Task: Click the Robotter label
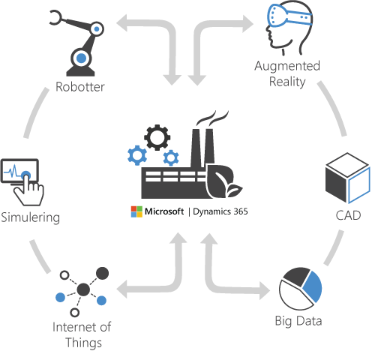coord(80,87)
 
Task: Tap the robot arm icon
coord(77,43)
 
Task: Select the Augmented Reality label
coord(287,73)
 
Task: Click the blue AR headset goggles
coord(289,15)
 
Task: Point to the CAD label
coord(348,215)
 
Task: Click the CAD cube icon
coord(347,178)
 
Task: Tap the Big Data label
coord(298,321)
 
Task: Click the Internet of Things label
coord(82,335)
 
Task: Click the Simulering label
coord(30,217)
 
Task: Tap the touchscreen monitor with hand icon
coord(22,182)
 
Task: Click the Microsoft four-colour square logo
coord(136,211)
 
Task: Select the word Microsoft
coord(164,211)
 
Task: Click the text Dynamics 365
coord(220,211)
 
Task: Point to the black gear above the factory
coord(157,137)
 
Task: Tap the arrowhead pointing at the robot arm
coord(122,23)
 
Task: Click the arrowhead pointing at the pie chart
coord(265,290)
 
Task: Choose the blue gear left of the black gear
coord(137,155)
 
